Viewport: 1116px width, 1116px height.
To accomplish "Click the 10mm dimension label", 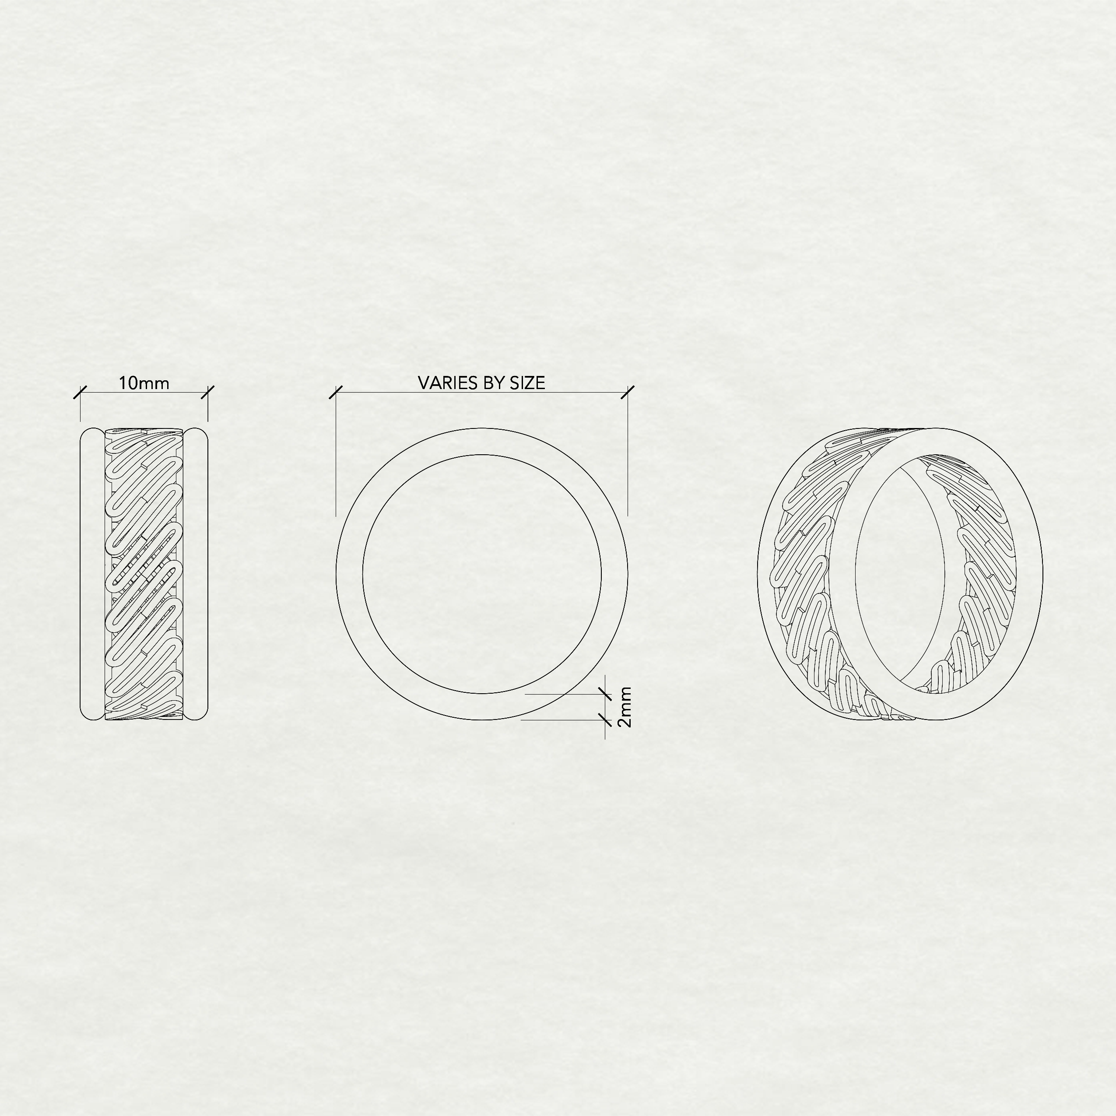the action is (144, 383).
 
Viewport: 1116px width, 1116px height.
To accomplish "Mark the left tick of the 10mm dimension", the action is (80, 392).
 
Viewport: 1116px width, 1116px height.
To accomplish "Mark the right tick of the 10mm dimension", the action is (207, 392).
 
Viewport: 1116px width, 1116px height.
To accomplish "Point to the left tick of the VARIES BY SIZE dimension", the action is (336, 392).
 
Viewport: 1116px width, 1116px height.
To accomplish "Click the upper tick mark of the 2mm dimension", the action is (605, 694).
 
